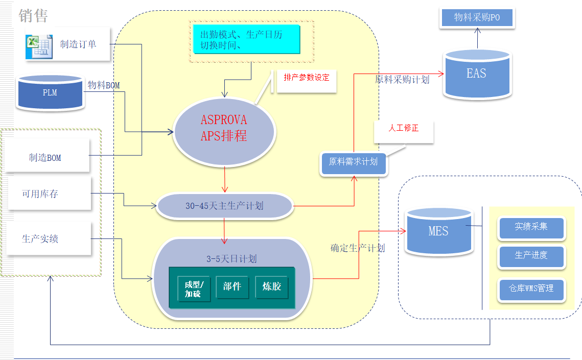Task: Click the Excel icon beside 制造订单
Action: pyautogui.click(x=39, y=45)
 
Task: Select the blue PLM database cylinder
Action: pyautogui.click(x=50, y=92)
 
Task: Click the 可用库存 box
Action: pyautogui.click(x=49, y=194)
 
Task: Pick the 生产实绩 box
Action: pyautogui.click(x=49, y=238)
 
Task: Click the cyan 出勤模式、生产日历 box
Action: pyautogui.click(x=246, y=39)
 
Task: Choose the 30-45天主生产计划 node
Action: pyautogui.click(x=224, y=206)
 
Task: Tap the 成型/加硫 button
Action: pyautogui.click(x=193, y=289)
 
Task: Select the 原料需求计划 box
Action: pyautogui.click(x=353, y=162)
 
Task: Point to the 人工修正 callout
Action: pyautogui.click(x=404, y=129)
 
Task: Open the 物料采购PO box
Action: pyautogui.click(x=477, y=18)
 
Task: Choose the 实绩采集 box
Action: pyautogui.click(x=531, y=226)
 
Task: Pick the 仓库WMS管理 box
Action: pyautogui.click(x=531, y=289)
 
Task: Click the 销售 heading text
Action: pyautogui.click(x=33, y=15)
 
